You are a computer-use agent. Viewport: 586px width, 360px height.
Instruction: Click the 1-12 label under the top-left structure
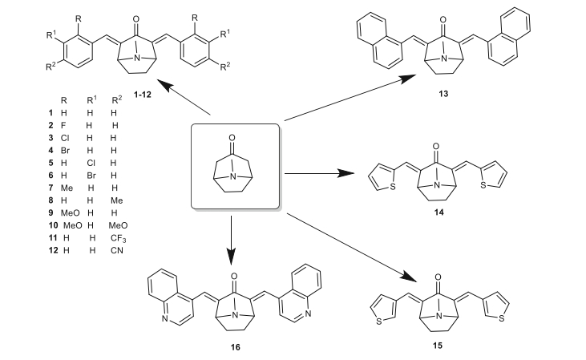click(131, 83)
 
